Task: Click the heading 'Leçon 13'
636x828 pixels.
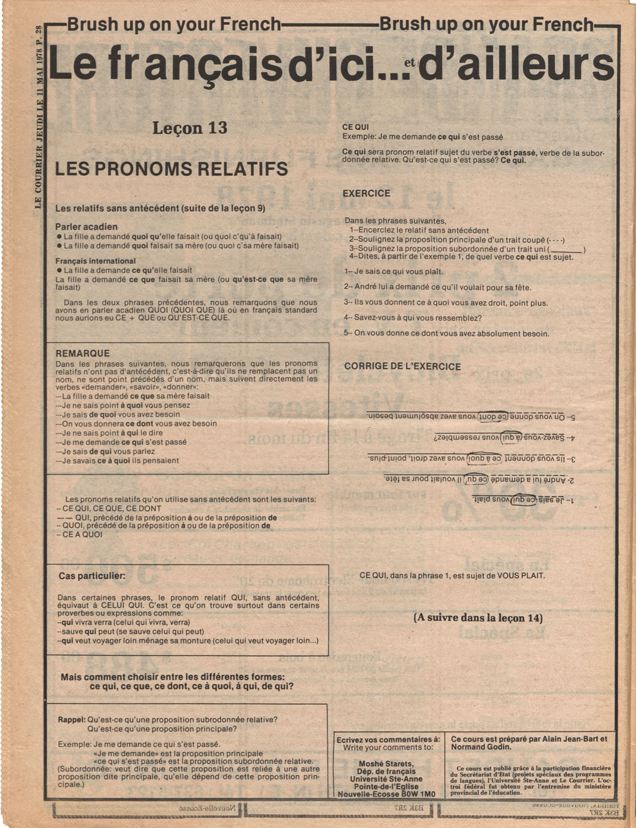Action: (x=190, y=128)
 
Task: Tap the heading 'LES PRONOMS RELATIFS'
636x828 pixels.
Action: (x=171, y=169)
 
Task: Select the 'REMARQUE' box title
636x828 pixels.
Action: (x=82, y=353)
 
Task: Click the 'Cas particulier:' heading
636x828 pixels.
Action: (x=92, y=576)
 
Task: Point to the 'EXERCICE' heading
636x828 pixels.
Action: (x=366, y=193)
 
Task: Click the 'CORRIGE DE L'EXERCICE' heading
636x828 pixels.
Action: (x=402, y=367)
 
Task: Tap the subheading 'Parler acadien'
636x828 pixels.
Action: (x=86, y=226)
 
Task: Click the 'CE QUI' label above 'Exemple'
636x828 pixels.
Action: (x=355, y=127)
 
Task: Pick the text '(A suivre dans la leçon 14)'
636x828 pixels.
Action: (x=478, y=618)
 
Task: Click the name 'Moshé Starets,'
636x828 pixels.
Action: (x=386, y=763)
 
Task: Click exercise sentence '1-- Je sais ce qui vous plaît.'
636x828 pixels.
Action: (x=394, y=272)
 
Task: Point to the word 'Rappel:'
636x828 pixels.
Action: (x=71, y=719)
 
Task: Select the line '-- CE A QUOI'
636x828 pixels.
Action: (x=80, y=535)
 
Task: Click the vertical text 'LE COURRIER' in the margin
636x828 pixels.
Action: (x=39, y=176)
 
